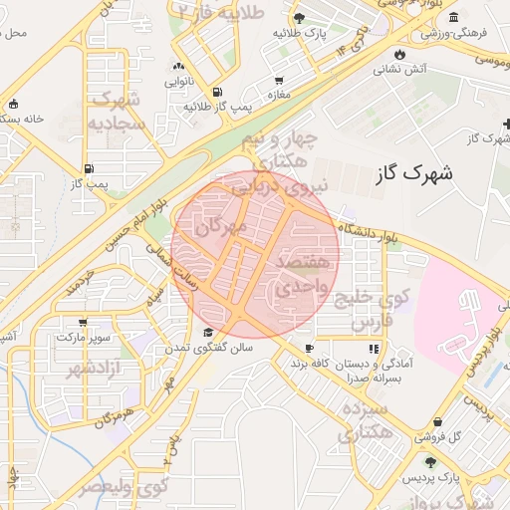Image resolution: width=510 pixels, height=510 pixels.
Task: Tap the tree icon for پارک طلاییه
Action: [x=299, y=18]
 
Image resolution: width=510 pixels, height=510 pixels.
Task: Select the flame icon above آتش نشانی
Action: [x=399, y=53]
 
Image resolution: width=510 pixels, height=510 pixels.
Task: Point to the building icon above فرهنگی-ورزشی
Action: [x=453, y=17]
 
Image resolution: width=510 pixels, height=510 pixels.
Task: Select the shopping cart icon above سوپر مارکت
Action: [x=84, y=322]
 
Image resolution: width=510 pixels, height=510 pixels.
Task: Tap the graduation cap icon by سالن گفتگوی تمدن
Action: [x=208, y=333]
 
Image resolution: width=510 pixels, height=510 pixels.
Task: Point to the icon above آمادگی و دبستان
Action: [x=374, y=349]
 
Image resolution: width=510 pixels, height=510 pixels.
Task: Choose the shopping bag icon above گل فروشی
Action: [x=438, y=421]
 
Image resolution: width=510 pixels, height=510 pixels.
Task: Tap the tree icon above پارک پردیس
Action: [x=430, y=462]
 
